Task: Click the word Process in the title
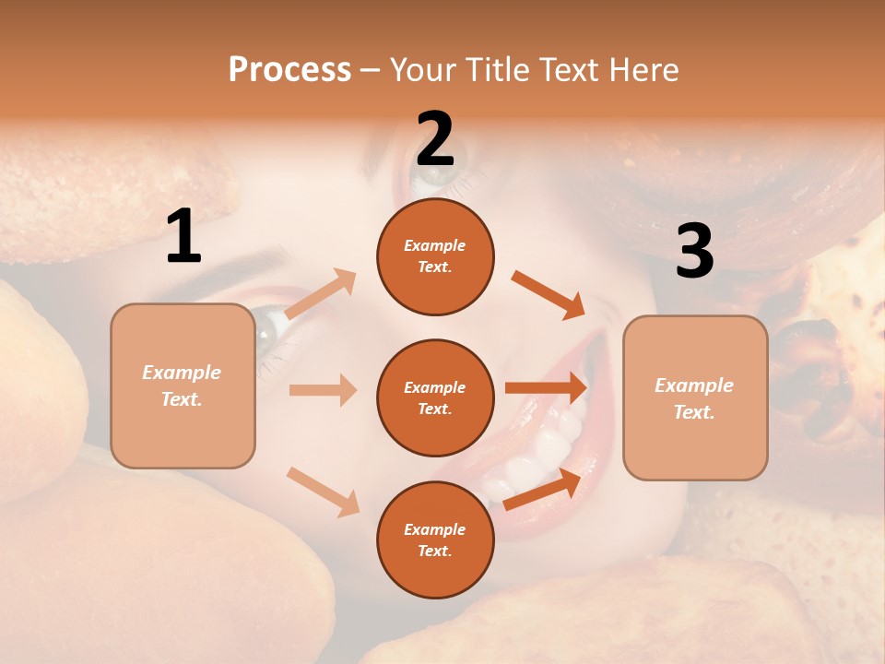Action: click(x=289, y=70)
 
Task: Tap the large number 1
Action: click(x=183, y=237)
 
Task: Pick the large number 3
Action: click(x=694, y=252)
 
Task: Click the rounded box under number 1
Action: click(x=183, y=386)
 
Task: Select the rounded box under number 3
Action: click(x=695, y=398)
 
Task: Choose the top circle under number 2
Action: click(x=435, y=256)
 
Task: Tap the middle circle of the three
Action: click(x=435, y=397)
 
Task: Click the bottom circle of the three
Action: click(x=435, y=539)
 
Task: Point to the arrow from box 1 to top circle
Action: click(x=321, y=293)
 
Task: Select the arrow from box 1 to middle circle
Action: click(x=323, y=390)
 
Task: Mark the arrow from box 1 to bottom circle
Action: click(x=323, y=491)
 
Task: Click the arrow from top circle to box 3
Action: click(x=549, y=294)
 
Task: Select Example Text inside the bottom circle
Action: click(x=435, y=539)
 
